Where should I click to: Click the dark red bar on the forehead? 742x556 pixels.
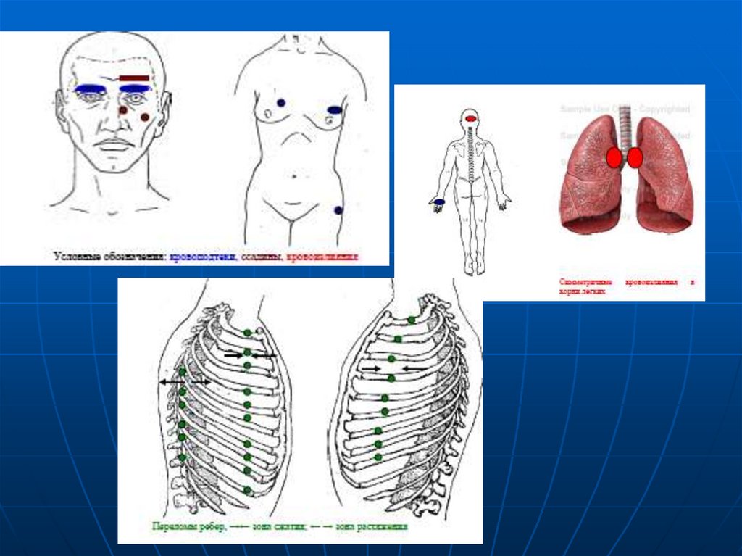point(134,78)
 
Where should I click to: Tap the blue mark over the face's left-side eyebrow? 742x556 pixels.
point(90,88)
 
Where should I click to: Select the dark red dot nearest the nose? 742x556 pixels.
point(122,109)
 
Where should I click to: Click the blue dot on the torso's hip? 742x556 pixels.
point(338,210)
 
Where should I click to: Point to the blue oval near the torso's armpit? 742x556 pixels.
point(334,110)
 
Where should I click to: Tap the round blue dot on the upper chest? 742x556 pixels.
point(280,103)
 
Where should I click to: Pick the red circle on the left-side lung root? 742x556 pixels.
point(614,157)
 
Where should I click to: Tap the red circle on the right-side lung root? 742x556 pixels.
point(635,157)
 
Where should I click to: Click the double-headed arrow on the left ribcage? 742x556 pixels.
point(185,381)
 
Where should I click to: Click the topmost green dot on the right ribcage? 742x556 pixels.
point(411,320)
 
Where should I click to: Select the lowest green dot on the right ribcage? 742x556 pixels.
point(378,457)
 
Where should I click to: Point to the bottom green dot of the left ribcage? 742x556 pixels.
point(247,491)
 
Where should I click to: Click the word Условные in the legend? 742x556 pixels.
point(75,257)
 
